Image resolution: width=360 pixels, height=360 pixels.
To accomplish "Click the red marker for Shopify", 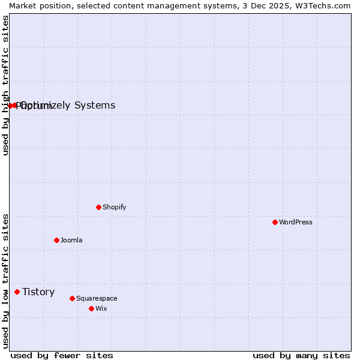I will (x=98, y=207).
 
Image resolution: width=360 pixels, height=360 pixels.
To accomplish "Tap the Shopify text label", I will (x=114, y=208).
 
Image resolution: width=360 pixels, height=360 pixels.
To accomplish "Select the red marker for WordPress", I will (x=275, y=222).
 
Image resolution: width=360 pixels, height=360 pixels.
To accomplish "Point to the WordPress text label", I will (x=295, y=223).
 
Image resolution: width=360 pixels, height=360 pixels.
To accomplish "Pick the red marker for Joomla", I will (x=56, y=240).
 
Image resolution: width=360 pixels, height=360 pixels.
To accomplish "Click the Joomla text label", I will (x=71, y=241).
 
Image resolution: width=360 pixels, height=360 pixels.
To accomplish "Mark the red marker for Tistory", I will (x=17, y=292).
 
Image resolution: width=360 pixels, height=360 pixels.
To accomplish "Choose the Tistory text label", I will (x=38, y=292).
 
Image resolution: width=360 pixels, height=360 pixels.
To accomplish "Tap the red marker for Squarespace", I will (x=72, y=298).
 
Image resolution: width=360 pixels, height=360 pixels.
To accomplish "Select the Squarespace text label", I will (x=97, y=299).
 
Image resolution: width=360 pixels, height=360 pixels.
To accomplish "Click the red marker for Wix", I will (x=91, y=308).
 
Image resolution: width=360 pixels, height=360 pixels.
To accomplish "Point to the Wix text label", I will (x=101, y=309).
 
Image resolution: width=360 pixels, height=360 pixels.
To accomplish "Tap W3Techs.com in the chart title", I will (x=322, y=5).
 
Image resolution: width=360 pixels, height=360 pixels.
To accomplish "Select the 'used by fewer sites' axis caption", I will (x=62, y=355).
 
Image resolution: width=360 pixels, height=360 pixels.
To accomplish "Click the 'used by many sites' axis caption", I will (x=301, y=355).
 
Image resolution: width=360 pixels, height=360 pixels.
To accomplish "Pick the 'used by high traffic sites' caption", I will (x=5, y=85).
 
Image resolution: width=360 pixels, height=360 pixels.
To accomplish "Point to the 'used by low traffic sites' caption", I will (x=5, y=280).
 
